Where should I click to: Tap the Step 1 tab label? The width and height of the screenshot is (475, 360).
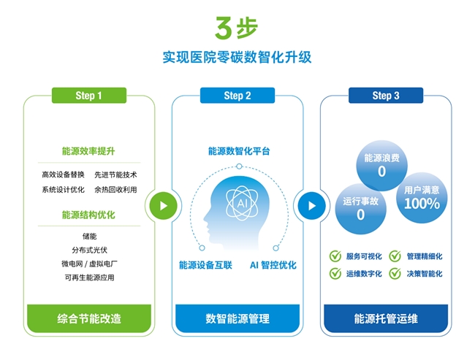(x=88, y=96)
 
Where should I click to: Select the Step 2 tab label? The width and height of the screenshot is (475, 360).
(x=237, y=96)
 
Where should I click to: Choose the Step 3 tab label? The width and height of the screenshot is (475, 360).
(x=386, y=96)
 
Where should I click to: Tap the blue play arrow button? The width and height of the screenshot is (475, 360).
(x=311, y=205)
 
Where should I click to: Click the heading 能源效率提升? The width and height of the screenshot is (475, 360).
(x=88, y=152)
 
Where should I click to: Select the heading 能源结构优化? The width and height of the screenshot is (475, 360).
(x=88, y=215)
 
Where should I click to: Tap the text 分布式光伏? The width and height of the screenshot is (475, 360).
(x=88, y=249)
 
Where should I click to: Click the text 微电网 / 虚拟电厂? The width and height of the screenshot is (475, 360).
(x=88, y=263)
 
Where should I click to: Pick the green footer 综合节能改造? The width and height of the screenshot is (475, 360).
(x=88, y=318)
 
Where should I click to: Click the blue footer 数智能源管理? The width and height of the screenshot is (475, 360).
(x=237, y=318)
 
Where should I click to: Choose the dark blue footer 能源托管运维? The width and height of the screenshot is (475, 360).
(x=386, y=318)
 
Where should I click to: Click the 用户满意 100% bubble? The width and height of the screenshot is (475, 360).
(x=422, y=197)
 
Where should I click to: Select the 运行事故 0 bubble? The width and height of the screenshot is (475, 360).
(x=360, y=209)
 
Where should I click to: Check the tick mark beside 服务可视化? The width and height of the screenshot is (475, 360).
(x=335, y=256)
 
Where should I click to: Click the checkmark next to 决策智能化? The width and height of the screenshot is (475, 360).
(x=395, y=274)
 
